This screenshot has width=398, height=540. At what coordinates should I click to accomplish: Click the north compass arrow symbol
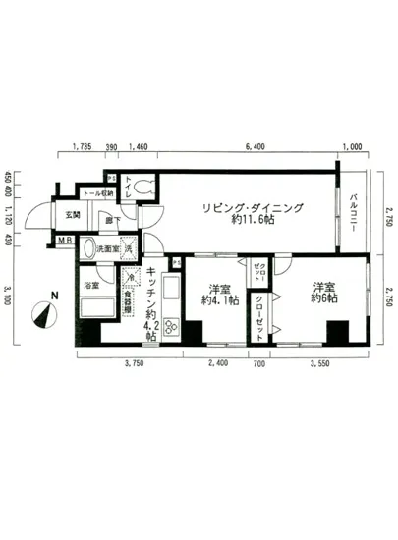tap(44, 314)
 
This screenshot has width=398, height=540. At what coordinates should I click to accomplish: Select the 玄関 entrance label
tap(73, 214)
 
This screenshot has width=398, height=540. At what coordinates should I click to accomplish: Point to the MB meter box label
tap(63, 240)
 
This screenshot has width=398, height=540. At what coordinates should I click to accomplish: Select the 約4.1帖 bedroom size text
tap(218, 301)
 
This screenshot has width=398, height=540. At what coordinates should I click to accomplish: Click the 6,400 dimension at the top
tap(254, 148)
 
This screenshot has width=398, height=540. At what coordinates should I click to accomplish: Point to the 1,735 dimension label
tap(83, 148)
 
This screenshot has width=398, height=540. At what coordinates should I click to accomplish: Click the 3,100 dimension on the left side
tap(9, 294)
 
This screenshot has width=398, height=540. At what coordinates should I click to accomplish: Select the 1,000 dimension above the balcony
tap(351, 148)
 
